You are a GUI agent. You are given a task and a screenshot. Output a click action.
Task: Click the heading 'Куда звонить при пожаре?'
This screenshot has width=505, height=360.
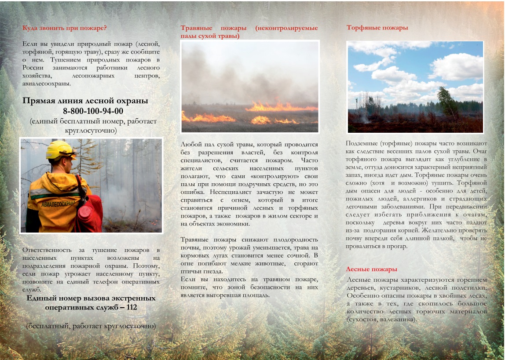65,28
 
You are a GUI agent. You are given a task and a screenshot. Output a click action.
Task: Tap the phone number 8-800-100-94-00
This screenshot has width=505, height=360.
93,111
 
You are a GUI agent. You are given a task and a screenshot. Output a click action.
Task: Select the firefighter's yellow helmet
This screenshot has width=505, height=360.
60,149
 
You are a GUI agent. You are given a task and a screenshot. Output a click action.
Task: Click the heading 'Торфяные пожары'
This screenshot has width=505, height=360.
377,28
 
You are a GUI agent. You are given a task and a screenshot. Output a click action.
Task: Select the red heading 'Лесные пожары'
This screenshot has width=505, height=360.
372,269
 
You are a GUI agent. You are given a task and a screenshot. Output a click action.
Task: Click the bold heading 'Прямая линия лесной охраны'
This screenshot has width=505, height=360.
85,101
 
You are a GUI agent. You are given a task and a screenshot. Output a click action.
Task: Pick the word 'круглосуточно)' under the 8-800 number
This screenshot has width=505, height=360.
93,131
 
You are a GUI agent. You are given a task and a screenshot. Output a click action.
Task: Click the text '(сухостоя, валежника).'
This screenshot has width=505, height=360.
381,319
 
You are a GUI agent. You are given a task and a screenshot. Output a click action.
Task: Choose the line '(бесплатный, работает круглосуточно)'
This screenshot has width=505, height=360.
91,326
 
